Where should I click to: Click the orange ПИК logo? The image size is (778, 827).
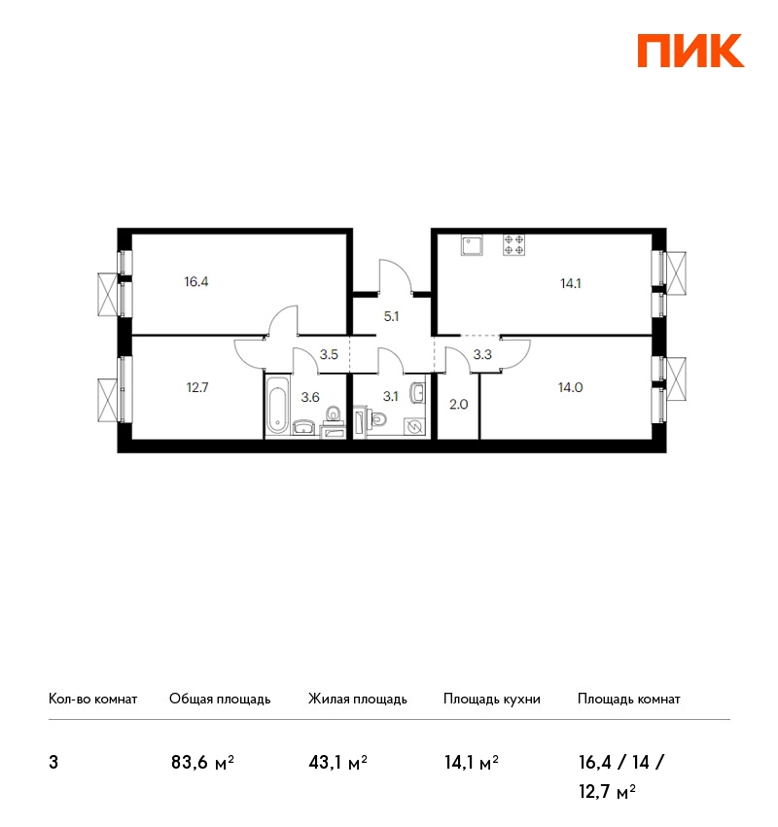point(690,51)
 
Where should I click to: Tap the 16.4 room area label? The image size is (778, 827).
point(196,281)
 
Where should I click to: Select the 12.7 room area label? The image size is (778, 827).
point(197,387)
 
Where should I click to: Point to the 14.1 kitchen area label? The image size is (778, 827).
point(570,284)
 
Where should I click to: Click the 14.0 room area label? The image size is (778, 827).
point(570,387)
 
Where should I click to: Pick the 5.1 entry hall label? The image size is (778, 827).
point(391,316)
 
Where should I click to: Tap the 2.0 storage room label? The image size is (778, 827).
point(459,405)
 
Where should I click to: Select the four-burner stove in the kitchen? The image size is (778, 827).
point(513,245)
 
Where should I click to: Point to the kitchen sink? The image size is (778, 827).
point(472,245)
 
